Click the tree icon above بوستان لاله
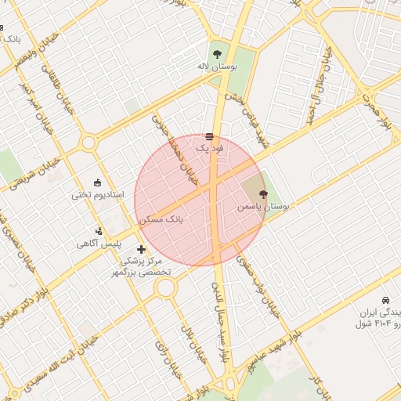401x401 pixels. tap(215, 53)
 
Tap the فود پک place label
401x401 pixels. tap(209, 148)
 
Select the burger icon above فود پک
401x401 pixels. tap(209, 136)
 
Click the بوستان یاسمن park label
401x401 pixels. tap(263, 207)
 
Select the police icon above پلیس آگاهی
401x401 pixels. tap(99, 231)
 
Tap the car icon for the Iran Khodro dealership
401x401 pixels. tap(385, 301)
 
